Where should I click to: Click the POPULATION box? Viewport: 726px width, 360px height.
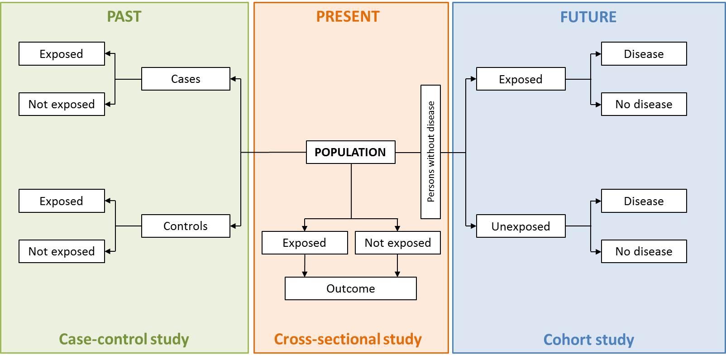(351, 152)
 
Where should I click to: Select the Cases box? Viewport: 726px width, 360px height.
(186, 79)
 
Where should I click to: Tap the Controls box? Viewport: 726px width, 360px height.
(186, 226)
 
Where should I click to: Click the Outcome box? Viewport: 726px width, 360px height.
(351, 288)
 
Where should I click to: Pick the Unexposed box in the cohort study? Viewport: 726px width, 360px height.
(521, 226)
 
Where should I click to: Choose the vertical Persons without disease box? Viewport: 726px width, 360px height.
(431, 152)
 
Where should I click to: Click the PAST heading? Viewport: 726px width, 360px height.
(124, 17)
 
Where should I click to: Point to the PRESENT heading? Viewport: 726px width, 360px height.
(348, 17)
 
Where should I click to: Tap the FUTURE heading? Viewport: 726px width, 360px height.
(588, 17)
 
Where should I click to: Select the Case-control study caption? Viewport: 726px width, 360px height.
(124, 339)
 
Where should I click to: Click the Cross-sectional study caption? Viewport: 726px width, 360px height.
(348, 339)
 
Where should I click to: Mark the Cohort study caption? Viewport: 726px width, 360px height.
(588, 340)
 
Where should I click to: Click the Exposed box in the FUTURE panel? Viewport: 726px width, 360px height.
(521, 79)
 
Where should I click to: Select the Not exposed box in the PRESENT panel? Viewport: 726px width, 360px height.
(398, 243)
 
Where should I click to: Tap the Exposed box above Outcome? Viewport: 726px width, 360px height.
(305, 243)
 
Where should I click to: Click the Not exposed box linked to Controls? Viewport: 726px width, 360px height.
(62, 251)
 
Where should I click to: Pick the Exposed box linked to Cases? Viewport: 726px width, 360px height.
(62, 53)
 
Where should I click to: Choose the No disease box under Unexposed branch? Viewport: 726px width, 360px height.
(644, 251)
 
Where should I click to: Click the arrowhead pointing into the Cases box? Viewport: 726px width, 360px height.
(234, 79)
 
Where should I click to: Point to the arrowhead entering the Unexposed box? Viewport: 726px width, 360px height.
(473, 226)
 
